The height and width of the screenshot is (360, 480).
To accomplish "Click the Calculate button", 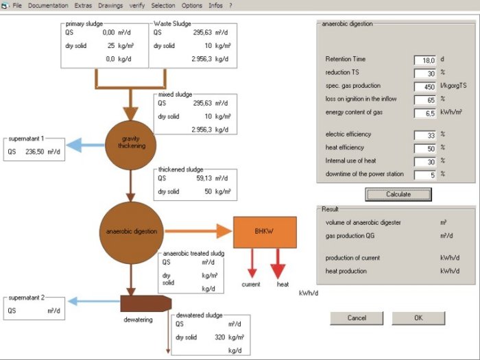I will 398,194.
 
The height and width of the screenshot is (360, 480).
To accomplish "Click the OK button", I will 418,318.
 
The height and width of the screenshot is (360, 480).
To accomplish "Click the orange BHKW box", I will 265,232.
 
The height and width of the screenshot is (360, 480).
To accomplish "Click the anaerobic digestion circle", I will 130,231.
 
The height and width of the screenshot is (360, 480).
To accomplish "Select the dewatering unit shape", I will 145,303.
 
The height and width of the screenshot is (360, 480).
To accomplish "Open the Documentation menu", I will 48,5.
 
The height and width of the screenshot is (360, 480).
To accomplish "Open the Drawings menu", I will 110,5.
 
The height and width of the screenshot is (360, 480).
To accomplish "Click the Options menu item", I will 192,5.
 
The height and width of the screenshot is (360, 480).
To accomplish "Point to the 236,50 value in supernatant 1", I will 36,153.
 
